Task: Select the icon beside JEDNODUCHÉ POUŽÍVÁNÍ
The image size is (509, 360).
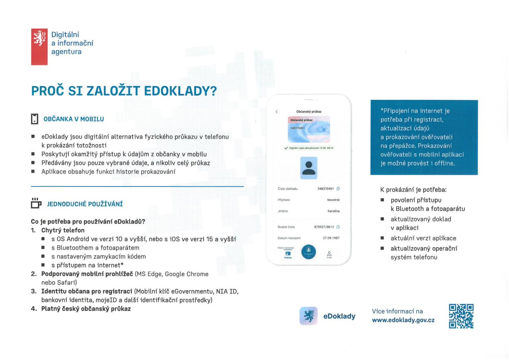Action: (x=36, y=203)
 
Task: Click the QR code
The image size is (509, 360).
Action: (x=461, y=316)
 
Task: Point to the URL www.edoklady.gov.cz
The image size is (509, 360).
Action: (x=403, y=320)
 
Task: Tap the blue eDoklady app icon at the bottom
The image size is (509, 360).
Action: (x=308, y=316)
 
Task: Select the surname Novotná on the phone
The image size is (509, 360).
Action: (x=333, y=200)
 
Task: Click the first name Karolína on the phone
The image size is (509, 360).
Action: (x=333, y=211)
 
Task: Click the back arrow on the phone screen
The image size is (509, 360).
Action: (x=277, y=111)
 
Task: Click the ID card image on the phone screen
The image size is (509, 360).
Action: (x=309, y=129)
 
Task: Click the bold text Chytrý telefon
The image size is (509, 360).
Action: (x=63, y=230)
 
